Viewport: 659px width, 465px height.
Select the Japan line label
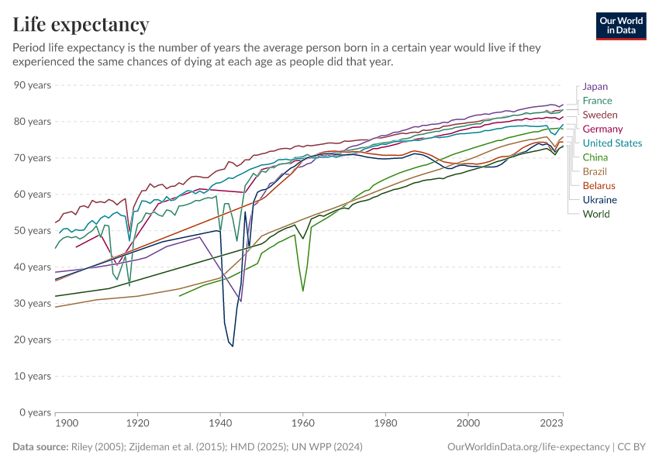595,87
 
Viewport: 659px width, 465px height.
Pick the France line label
597,101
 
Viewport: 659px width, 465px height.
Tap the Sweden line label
600,115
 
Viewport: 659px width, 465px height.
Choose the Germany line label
602,129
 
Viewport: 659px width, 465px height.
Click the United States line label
612,143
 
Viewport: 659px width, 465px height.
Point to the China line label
595,157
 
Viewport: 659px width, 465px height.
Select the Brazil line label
595,171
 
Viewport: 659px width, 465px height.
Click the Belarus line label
599,186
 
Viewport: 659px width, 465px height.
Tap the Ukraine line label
600,200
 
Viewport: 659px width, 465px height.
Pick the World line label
596,214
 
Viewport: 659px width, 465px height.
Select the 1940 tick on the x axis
221,424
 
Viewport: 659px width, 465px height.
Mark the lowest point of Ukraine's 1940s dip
232,346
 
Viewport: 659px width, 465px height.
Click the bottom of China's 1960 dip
303,291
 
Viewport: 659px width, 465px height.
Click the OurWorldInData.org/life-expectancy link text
530,447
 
